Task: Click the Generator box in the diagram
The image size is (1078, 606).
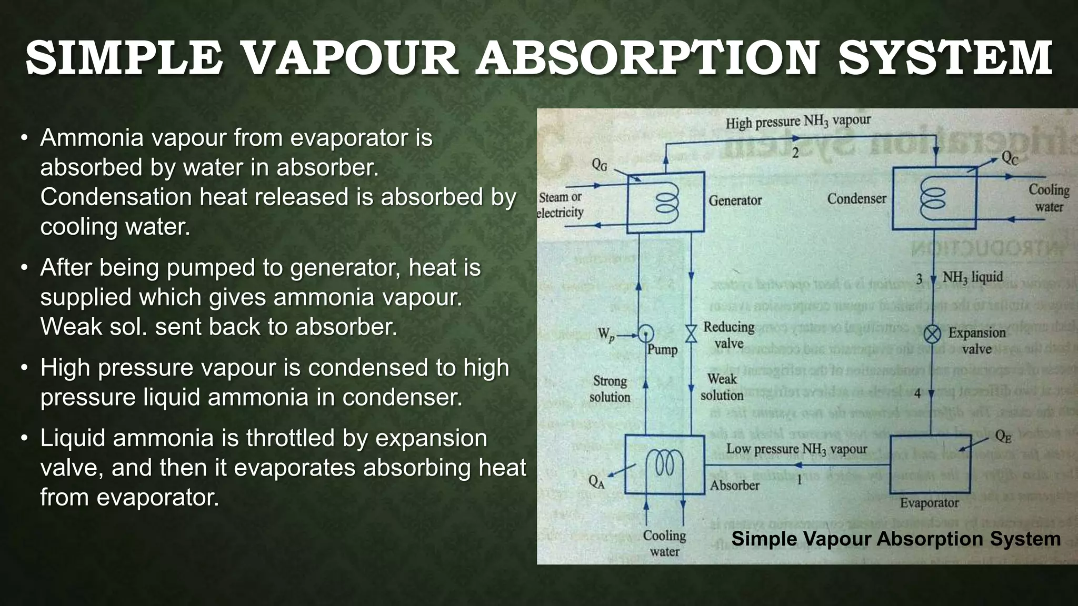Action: (665, 202)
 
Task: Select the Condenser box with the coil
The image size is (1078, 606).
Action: (934, 198)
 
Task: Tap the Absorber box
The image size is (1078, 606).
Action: (664, 464)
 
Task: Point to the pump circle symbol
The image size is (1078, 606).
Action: (645, 333)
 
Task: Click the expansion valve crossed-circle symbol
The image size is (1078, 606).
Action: (933, 334)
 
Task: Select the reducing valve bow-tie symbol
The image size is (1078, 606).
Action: (691, 334)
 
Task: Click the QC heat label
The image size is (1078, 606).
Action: (1009, 158)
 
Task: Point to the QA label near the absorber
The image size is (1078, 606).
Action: (596, 481)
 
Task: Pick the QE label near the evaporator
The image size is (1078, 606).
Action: (1003, 437)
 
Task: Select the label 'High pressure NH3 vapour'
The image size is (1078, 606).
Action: (798, 122)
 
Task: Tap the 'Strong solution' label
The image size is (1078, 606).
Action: (610, 389)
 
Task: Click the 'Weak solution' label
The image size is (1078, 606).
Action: (722, 387)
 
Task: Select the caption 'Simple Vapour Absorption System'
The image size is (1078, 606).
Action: (896, 539)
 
